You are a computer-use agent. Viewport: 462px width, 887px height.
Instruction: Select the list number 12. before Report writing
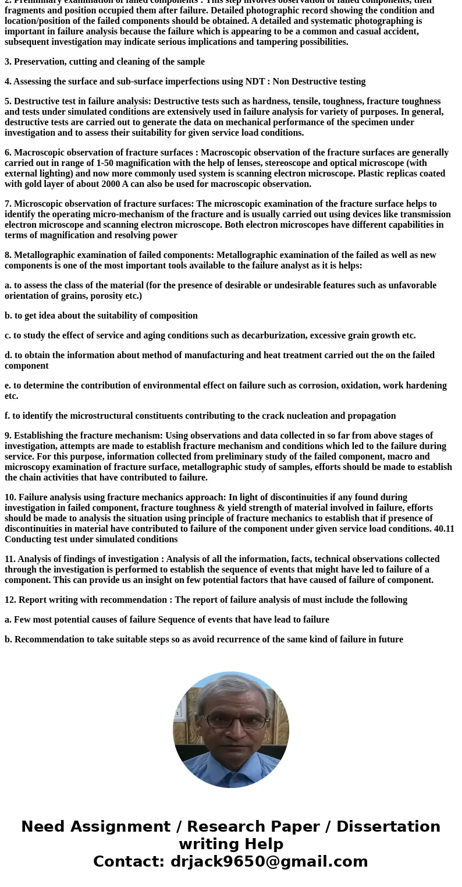tap(10, 600)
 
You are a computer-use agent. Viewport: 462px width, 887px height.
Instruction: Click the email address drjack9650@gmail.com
tap(269, 862)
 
